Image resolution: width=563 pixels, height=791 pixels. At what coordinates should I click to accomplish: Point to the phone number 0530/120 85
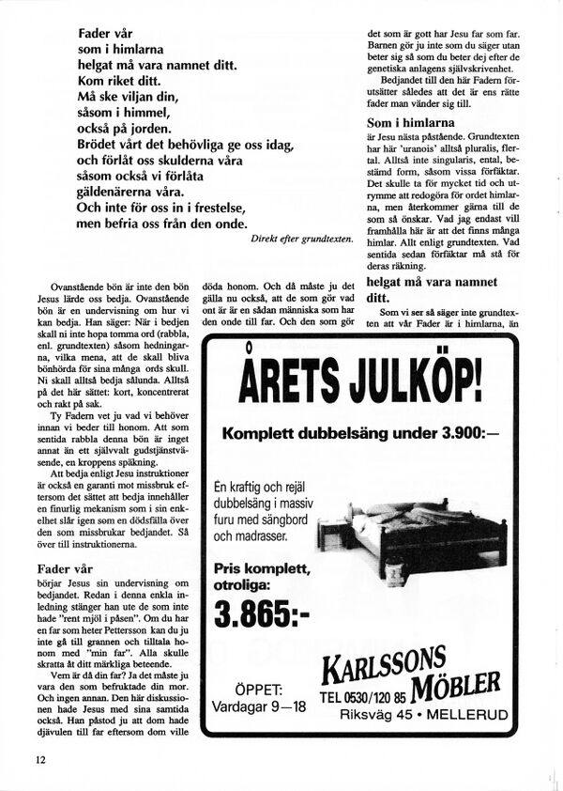(x=363, y=698)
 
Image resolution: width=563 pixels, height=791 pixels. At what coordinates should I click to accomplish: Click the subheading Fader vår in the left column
(x=65, y=568)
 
